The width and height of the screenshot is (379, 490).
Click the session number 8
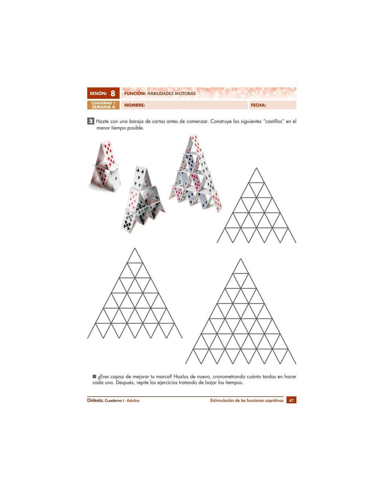(x=113, y=93)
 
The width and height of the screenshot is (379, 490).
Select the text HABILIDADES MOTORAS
(x=171, y=93)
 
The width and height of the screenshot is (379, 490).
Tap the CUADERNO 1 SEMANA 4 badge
(x=103, y=105)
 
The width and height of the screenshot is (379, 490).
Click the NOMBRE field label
(x=134, y=105)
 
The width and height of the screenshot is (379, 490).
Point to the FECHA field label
(x=258, y=105)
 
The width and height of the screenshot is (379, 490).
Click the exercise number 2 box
(x=90, y=121)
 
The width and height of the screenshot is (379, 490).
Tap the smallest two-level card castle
(x=105, y=166)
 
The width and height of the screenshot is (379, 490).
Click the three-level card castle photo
(x=143, y=199)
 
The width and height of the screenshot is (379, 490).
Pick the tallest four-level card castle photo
(x=195, y=173)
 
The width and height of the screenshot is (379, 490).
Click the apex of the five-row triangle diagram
(x=256, y=168)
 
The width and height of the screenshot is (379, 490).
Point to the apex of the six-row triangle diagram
(x=135, y=248)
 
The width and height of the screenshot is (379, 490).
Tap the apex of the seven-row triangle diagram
(x=240, y=259)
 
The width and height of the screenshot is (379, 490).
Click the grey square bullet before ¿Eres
(x=94, y=376)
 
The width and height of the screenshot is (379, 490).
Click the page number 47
(x=291, y=400)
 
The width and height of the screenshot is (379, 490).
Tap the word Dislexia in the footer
(x=95, y=400)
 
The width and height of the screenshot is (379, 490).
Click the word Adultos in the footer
(x=133, y=401)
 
